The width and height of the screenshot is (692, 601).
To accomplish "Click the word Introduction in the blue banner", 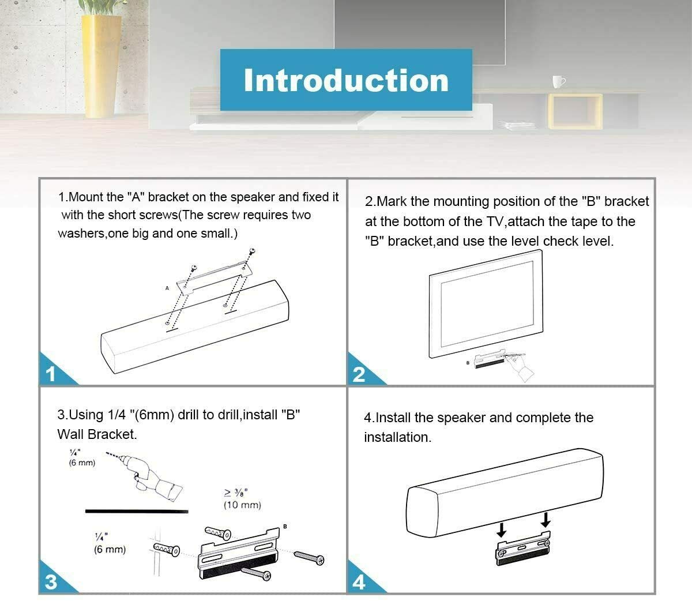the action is [x=346, y=80].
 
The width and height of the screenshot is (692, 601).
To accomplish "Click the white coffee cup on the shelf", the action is [x=558, y=82].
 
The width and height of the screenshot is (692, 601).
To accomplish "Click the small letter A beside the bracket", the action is [x=167, y=288].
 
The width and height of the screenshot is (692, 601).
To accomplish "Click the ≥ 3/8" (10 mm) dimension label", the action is [x=242, y=498].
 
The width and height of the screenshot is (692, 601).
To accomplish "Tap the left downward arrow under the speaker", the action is [x=501, y=529].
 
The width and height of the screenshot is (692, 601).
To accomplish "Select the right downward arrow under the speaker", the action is [x=545, y=520].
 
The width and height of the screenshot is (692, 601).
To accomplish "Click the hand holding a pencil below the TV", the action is [x=518, y=365].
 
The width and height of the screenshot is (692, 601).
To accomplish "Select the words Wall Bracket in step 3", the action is [x=97, y=434].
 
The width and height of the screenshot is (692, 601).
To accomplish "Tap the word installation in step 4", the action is [x=397, y=437].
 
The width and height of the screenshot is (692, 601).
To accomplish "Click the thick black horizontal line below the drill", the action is [x=137, y=512].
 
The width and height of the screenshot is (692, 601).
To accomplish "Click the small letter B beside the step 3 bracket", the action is [x=285, y=527].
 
